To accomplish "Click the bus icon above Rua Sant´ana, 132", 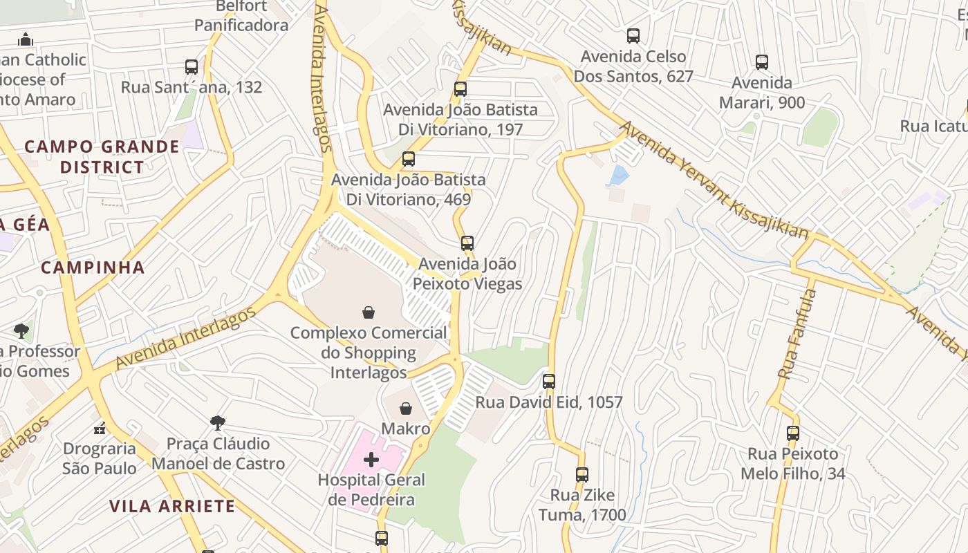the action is click(x=192, y=67).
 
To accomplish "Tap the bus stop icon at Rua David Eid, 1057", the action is click(x=549, y=381).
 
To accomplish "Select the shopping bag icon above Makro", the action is click(x=406, y=409).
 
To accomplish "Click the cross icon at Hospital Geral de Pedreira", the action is click(x=371, y=459).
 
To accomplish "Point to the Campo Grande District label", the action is click(x=102, y=157).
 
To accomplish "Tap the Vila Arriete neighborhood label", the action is click(x=172, y=506).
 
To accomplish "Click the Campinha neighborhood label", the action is click(x=93, y=268).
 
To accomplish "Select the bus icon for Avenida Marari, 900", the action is click(x=762, y=62).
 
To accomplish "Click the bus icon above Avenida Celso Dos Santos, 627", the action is click(x=633, y=36).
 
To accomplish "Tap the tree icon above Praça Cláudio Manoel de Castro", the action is click(x=218, y=422).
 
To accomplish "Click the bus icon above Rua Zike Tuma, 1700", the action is click(x=582, y=475).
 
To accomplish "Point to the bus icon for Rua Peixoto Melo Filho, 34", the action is click(x=793, y=433).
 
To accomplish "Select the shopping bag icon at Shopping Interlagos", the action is click(x=369, y=312).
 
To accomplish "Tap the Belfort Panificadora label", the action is click(x=241, y=16).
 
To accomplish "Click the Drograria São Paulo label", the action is click(x=100, y=458).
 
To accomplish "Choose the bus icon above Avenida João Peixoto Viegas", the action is click(x=467, y=243).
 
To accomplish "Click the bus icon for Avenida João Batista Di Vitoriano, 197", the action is click(x=460, y=89).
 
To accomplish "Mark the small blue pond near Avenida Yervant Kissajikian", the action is click(x=617, y=176).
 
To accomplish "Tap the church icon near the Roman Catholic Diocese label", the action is click(x=26, y=39).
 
